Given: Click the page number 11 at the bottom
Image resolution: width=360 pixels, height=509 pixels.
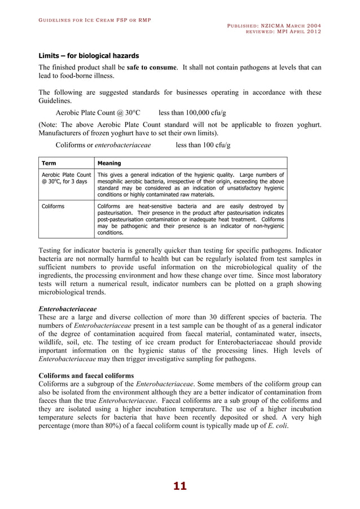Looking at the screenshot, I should click(x=179, y=486).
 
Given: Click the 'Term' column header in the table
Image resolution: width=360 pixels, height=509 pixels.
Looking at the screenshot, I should click(x=49, y=161).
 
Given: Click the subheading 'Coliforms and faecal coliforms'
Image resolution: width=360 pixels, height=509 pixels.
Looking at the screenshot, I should click(x=86, y=375).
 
